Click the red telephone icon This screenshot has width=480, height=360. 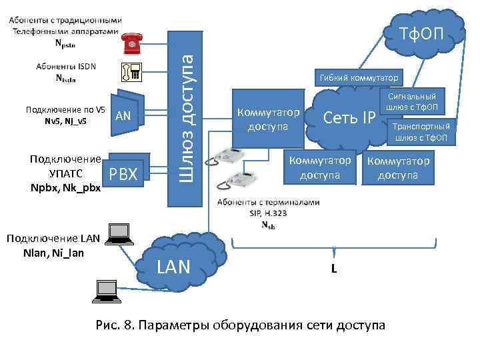tap(132, 44)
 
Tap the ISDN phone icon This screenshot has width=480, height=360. tap(131, 71)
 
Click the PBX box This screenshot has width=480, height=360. tap(123, 175)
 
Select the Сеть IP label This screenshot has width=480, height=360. tap(349, 118)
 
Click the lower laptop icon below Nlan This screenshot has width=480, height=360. tap(107, 288)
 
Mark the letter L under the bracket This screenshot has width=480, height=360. tap(333, 269)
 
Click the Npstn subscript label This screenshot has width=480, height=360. tap(65, 44)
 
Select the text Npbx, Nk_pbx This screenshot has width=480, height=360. tap(65, 187)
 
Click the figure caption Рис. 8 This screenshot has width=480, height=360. tap(241, 325)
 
